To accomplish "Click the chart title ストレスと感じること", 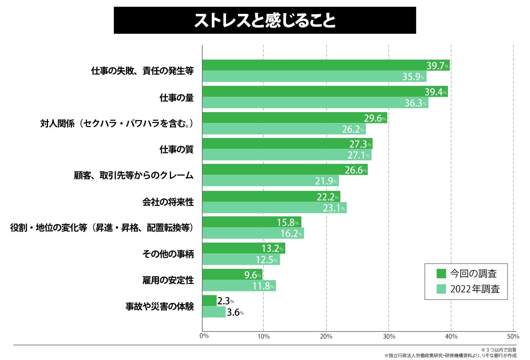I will (265, 21).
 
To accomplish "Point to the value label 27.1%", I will (359, 155).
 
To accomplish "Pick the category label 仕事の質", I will (177, 150).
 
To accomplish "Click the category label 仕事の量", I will (177, 98).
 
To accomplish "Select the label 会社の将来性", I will (168, 202).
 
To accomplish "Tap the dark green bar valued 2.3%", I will (209, 301).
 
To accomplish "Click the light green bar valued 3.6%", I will (214, 312).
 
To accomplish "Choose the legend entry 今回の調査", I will (473, 273).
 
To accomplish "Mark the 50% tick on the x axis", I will (513, 336).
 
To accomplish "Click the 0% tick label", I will (204, 336).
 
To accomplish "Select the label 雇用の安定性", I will (168, 280).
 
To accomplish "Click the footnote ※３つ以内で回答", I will (498, 350).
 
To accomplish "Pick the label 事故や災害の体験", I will (159, 306).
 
